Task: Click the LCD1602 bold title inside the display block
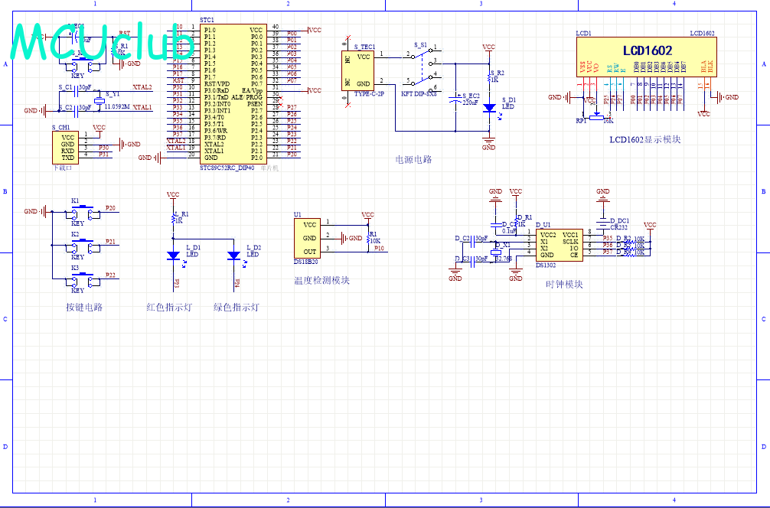(647, 50)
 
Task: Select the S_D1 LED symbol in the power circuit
(488, 108)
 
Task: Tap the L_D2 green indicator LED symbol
(234, 256)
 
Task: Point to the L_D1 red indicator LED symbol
(174, 256)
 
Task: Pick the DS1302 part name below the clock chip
(547, 265)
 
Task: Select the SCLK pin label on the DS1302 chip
(570, 241)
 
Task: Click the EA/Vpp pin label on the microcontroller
(253, 90)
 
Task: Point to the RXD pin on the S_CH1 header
(68, 151)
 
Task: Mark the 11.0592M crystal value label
(119, 107)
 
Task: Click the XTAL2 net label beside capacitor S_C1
(142, 88)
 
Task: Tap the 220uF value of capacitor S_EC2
(470, 102)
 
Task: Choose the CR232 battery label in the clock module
(618, 227)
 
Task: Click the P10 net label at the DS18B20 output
(380, 249)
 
